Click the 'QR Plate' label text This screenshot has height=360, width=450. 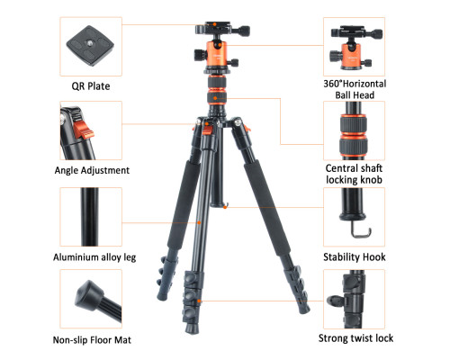(91, 86)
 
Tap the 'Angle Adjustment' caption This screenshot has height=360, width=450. (92, 170)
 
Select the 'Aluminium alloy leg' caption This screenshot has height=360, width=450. (94, 257)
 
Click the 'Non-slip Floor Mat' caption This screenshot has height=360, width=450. (92, 340)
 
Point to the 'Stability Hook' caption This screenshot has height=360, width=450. (355, 257)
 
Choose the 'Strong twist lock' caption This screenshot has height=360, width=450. (355, 338)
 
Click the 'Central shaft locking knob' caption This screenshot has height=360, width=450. (354, 174)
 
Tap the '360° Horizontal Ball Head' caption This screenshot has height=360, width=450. (355, 89)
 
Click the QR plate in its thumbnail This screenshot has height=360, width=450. (90, 46)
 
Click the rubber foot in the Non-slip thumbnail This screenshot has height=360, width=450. (86, 295)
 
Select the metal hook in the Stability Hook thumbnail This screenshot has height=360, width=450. (361, 231)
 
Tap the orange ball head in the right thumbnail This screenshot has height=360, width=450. (352, 56)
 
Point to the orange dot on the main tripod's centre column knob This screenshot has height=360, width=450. (215, 98)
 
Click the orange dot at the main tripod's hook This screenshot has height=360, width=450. (225, 207)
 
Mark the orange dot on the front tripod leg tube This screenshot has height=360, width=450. (199, 222)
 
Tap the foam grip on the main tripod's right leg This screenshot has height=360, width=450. (266, 208)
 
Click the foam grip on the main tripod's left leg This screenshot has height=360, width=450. (184, 205)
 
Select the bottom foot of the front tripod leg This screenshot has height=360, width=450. (192, 328)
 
